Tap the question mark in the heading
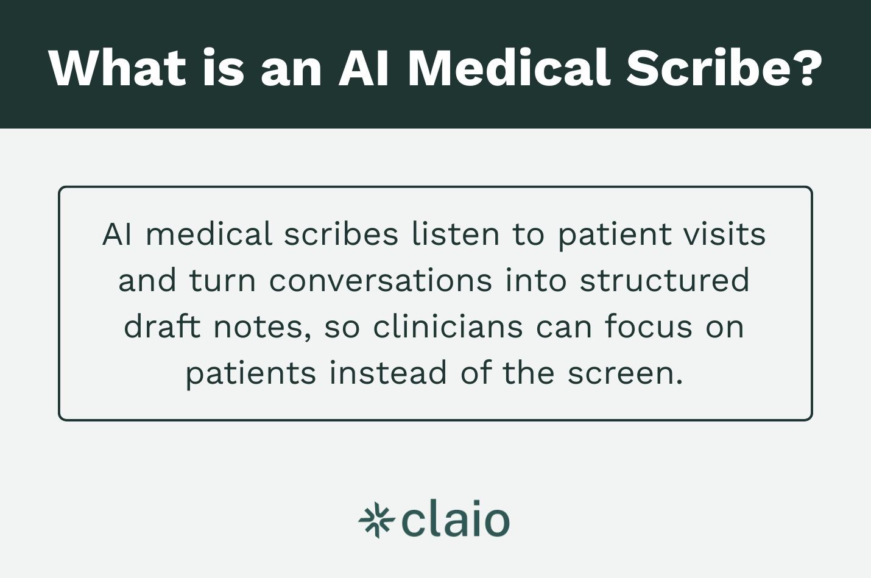tap(808, 68)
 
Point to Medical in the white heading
tap(508, 68)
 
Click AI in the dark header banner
tap(364, 68)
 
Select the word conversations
tap(380, 281)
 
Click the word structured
tap(665, 281)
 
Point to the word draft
tap(162, 327)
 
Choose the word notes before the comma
tap(258, 327)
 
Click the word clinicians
tap(448, 327)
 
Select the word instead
tap(388, 373)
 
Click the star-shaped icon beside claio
tap(376, 521)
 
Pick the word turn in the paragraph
tap(222, 281)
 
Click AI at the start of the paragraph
tap(117, 234)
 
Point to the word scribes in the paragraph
tap(341, 234)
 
